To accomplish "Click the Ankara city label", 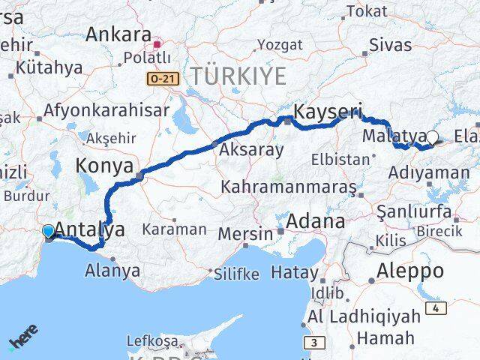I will pyautogui.click(x=118, y=34).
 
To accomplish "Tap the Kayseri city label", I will pyautogui.click(x=327, y=113).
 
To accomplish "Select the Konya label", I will pyautogui.click(x=104, y=166).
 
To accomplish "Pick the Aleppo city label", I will pyautogui.click(x=411, y=271).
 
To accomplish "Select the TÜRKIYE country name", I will pyautogui.click(x=238, y=76).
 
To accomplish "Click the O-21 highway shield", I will pyautogui.click(x=163, y=79).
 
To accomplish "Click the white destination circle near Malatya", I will pyautogui.click(x=432, y=137).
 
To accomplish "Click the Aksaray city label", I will pyautogui.click(x=251, y=149).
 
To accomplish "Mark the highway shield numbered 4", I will pyautogui.click(x=437, y=309).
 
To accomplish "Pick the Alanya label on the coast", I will pyautogui.click(x=114, y=269).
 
